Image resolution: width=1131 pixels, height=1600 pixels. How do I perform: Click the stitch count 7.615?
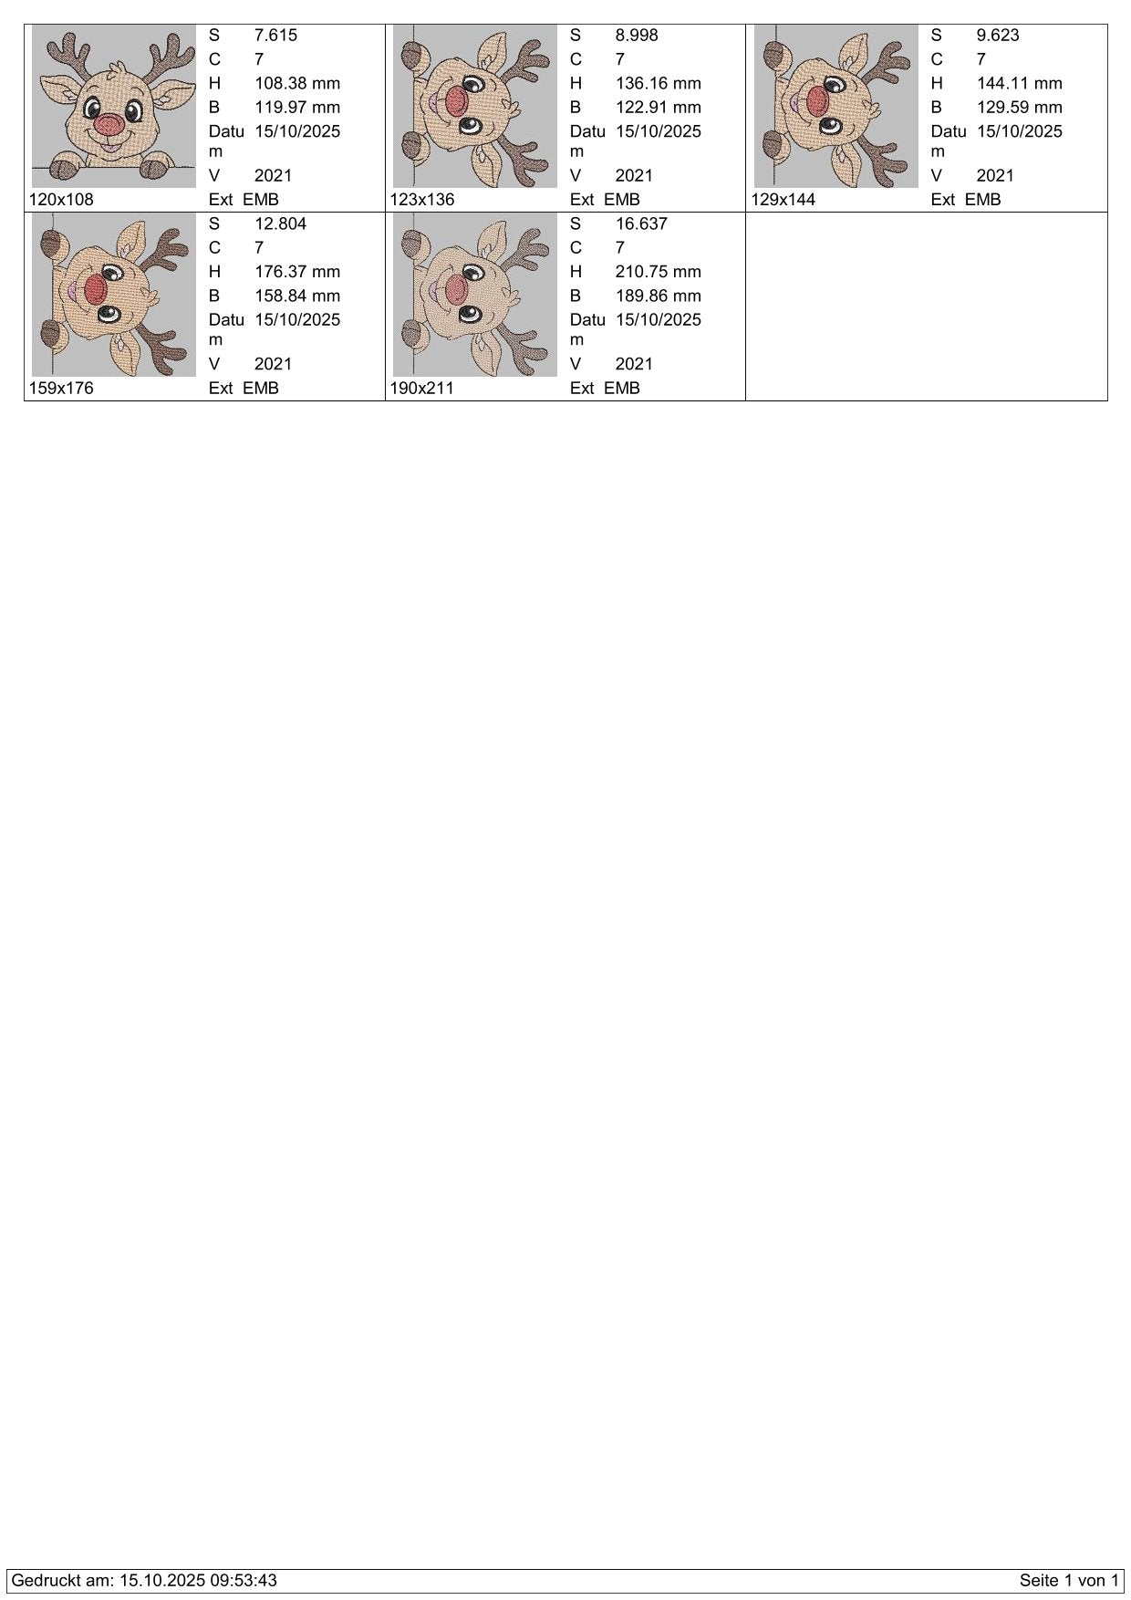click(275, 36)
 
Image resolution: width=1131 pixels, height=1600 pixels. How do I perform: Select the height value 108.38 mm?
click(297, 83)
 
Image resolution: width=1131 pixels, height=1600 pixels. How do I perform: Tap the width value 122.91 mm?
click(659, 107)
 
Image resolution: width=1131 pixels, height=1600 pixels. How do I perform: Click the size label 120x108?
click(61, 200)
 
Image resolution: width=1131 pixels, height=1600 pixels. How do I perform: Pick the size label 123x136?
click(422, 200)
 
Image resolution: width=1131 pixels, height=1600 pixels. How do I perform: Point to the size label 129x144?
click(783, 200)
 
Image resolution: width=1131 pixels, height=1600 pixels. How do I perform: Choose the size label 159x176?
click(61, 389)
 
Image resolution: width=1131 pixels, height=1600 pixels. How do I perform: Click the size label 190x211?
click(422, 389)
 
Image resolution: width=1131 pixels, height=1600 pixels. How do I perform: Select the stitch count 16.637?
click(641, 224)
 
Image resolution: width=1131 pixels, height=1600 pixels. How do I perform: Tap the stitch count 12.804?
click(280, 224)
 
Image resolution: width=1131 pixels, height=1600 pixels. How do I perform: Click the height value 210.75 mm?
click(659, 272)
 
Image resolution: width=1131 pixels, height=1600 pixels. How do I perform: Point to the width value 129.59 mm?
click(1020, 107)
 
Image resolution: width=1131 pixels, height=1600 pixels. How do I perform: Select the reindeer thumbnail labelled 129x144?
click(836, 106)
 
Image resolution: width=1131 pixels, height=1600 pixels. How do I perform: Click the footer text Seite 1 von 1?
click(1069, 1581)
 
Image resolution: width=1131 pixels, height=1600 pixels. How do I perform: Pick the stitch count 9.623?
click(998, 36)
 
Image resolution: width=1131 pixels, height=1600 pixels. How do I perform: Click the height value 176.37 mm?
click(297, 272)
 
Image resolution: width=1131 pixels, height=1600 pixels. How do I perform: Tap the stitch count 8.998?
click(637, 36)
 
